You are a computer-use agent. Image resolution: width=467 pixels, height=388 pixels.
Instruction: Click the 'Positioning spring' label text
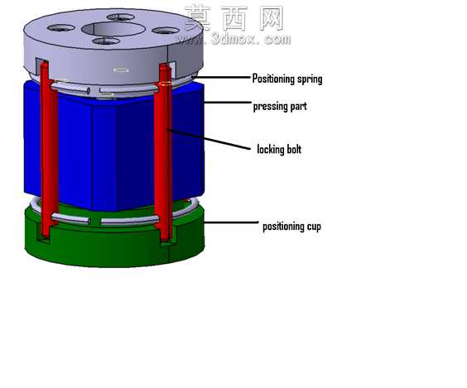click(287, 79)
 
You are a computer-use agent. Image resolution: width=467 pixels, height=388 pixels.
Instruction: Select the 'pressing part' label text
click(280, 107)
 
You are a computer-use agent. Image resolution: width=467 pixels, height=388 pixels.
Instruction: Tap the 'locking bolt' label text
click(279, 149)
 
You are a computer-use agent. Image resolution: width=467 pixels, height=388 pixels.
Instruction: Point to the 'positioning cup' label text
click(291, 227)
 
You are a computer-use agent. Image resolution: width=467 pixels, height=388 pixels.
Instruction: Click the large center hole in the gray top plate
click(113, 29)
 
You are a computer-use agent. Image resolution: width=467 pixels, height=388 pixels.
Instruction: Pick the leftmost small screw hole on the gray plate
click(61, 28)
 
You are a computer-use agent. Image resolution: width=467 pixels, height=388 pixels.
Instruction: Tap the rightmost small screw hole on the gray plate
click(166, 31)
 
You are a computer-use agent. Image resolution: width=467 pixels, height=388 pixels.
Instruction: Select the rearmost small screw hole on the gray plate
click(121, 17)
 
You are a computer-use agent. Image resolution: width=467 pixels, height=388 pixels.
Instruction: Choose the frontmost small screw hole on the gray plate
click(106, 41)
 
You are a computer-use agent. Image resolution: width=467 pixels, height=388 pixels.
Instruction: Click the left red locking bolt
click(49, 149)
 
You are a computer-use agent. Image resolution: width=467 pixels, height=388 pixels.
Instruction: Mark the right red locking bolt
click(163, 151)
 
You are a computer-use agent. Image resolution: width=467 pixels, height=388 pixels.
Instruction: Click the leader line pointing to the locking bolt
click(209, 139)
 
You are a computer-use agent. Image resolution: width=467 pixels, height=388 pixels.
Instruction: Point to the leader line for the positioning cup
click(231, 223)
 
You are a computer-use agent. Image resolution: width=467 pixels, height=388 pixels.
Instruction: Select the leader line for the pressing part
click(228, 103)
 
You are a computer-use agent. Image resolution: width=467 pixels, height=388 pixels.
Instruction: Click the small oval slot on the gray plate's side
click(121, 70)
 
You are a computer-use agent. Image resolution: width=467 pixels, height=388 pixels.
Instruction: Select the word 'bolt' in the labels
click(294, 149)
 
